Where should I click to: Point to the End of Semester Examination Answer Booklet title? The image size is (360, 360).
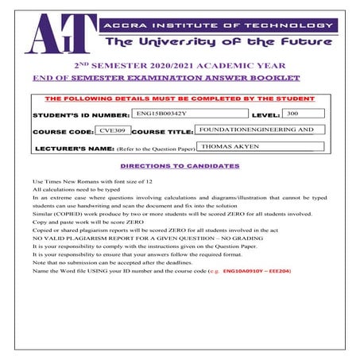tap(165, 78)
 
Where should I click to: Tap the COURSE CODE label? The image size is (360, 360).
tap(61, 131)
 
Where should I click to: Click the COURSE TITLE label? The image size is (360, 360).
tap(163, 131)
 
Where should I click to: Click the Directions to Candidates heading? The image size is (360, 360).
tap(179, 166)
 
